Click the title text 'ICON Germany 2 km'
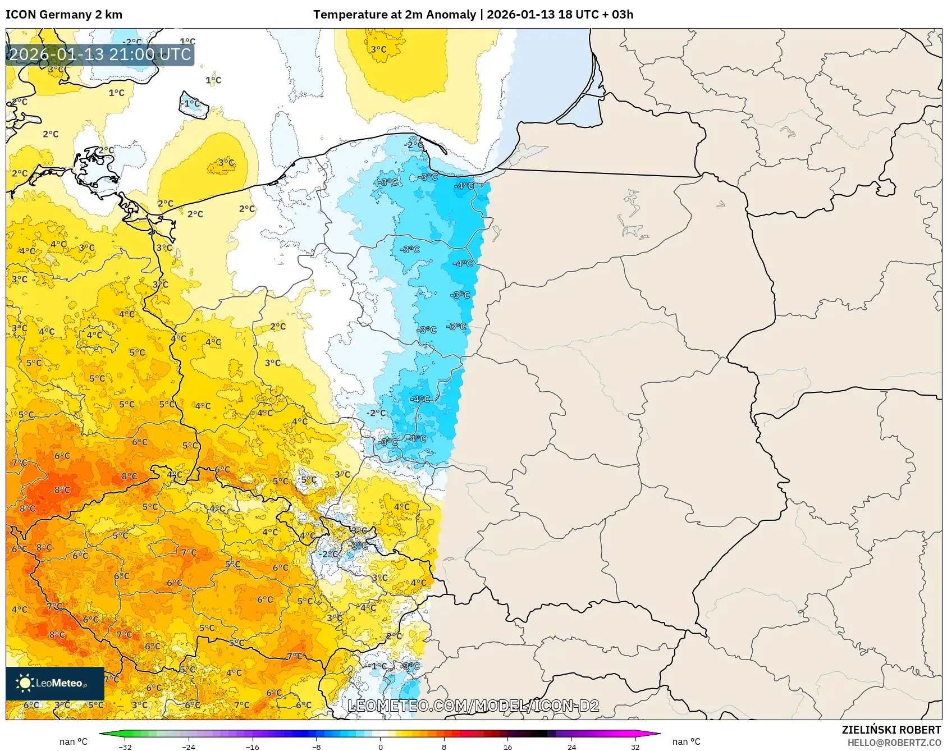pyautogui.click(x=63, y=15)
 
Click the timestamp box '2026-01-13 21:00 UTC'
pyautogui.click(x=100, y=54)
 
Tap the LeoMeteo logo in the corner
pyautogui.click(x=54, y=683)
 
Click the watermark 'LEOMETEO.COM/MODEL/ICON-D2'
pyautogui.click(x=473, y=706)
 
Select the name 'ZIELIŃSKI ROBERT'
pyautogui.click(x=891, y=730)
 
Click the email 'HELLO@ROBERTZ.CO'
pyautogui.click(x=894, y=743)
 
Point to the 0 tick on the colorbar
pyautogui.click(x=381, y=747)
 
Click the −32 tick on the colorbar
pyautogui.click(x=125, y=747)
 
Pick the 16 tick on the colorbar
pyautogui.click(x=507, y=747)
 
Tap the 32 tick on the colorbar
pyautogui.click(x=635, y=747)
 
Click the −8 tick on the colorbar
pyautogui.click(x=317, y=747)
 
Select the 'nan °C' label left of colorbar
pyautogui.click(x=74, y=741)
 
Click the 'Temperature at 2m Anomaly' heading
pyautogui.click(x=394, y=15)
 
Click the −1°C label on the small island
pyautogui.click(x=191, y=103)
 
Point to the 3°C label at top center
pyautogui.click(x=378, y=49)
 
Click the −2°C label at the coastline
pyautogui.click(x=414, y=145)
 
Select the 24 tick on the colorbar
pyautogui.click(x=571, y=747)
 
